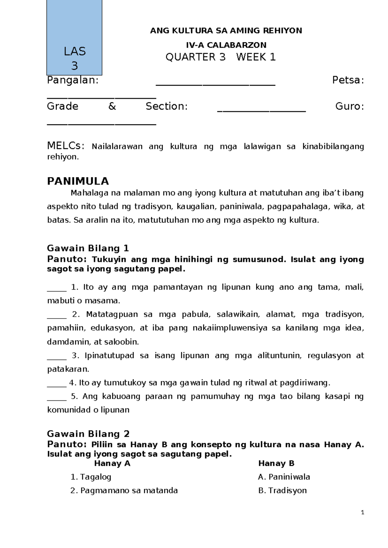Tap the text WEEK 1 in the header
(256, 57)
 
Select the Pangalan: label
(73, 80)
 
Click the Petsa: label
(348, 80)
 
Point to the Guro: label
(350, 106)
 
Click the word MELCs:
(66, 146)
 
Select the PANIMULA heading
(78, 181)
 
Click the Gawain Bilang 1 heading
(88, 248)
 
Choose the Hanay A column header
(112, 463)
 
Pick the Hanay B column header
(276, 463)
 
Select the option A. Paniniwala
(284, 477)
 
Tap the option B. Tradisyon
(282, 490)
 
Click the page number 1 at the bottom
(362, 512)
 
